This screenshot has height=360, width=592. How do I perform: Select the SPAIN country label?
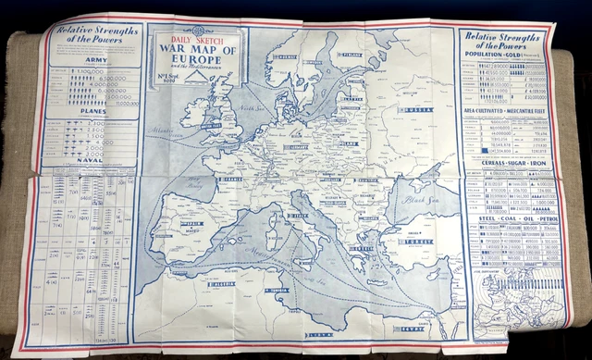point(192,226)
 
